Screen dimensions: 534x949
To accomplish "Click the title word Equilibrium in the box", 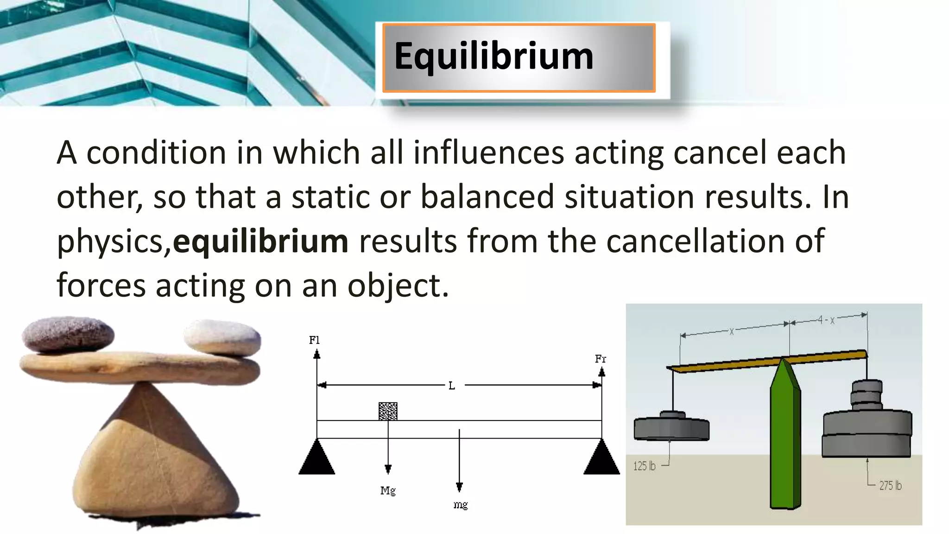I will [x=493, y=57].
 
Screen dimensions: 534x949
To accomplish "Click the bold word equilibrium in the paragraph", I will [x=260, y=242].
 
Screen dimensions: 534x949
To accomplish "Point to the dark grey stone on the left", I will [x=68, y=334].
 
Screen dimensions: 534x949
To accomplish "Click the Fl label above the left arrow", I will [x=314, y=340].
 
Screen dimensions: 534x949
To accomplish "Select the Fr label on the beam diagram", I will [x=600, y=359].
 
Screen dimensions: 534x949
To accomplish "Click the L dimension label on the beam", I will [x=451, y=386].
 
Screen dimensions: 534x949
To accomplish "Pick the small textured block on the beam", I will [x=388, y=411].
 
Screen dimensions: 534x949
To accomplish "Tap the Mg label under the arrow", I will [x=388, y=490].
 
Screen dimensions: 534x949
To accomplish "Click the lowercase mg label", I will [x=460, y=505].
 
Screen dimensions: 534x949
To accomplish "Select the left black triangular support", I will [x=316, y=459].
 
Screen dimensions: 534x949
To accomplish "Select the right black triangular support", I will [x=601, y=459].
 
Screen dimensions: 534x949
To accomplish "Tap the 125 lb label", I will [x=645, y=466].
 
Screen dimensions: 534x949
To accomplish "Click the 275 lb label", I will [x=890, y=485].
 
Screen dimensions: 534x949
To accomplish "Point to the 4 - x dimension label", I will [x=826, y=320].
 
